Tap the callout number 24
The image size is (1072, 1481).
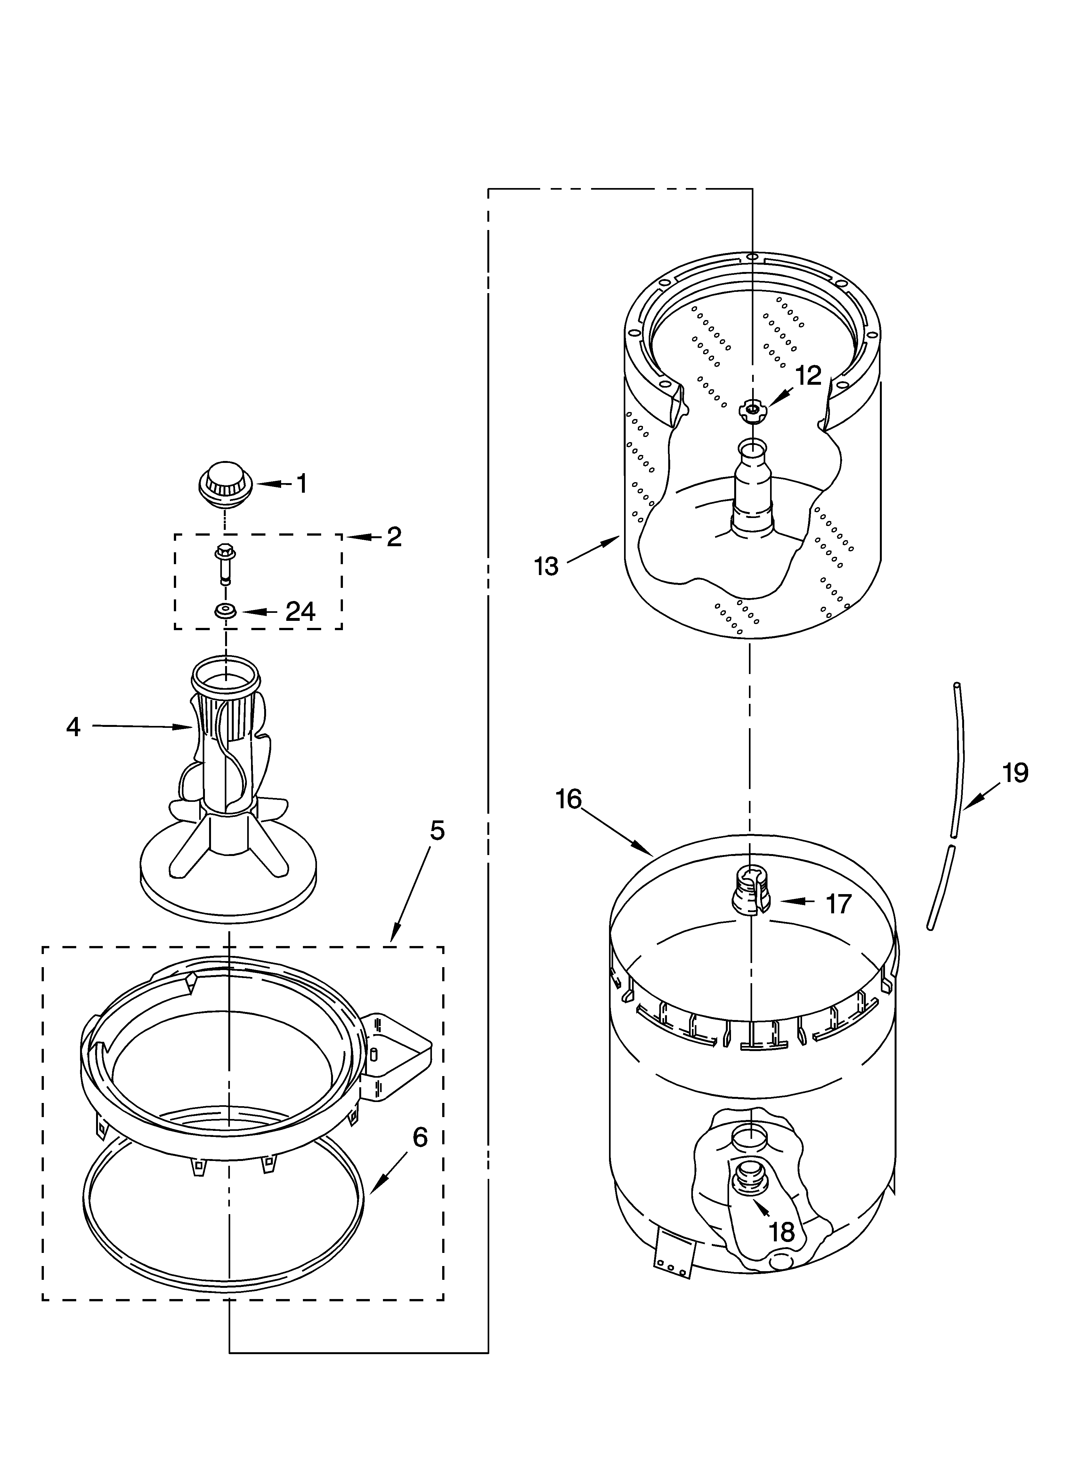[x=300, y=612]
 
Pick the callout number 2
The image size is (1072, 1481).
[x=394, y=537]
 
